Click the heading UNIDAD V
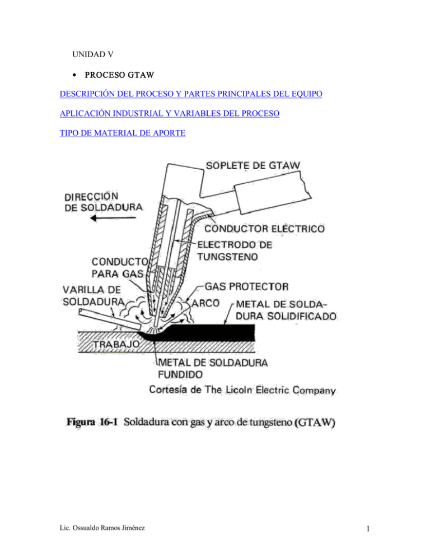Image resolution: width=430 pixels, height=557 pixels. pyautogui.click(x=94, y=55)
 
